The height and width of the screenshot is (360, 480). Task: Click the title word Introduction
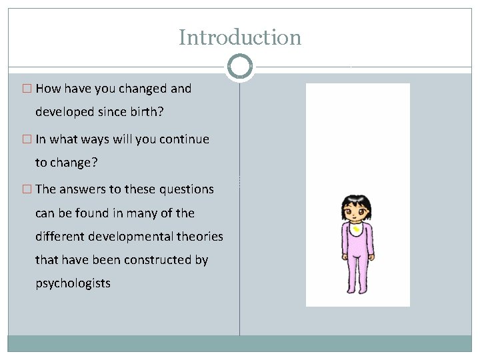pyautogui.click(x=240, y=37)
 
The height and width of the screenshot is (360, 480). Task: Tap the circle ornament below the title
pyautogui.click(x=240, y=67)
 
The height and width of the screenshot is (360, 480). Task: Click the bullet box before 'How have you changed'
pyautogui.click(x=27, y=89)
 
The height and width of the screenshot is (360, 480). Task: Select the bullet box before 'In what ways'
pyautogui.click(x=27, y=139)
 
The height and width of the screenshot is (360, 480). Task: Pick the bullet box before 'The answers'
pyautogui.click(x=27, y=189)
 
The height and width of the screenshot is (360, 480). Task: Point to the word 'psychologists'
pyautogui.click(x=73, y=283)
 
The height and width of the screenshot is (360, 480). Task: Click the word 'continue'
pyautogui.click(x=184, y=139)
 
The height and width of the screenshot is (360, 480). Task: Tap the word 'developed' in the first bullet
pyautogui.click(x=63, y=112)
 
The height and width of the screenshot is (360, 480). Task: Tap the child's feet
pyautogui.click(x=357, y=289)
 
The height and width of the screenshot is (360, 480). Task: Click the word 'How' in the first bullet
pyautogui.click(x=47, y=89)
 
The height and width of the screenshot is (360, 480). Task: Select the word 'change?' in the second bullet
pyautogui.click(x=74, y=163)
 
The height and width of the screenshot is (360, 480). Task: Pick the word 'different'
pyautogui.click(x=61, y=237)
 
